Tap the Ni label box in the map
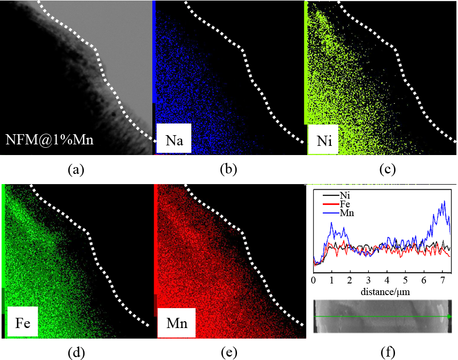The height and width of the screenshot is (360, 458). (323, 141)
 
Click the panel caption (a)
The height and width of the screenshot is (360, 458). (76, 170)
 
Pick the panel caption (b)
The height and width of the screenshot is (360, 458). (228, 170)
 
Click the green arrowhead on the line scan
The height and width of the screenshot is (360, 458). (450, 316)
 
